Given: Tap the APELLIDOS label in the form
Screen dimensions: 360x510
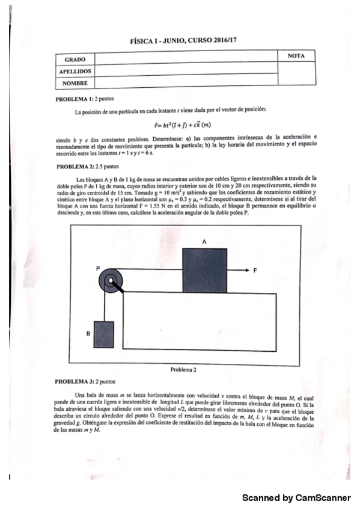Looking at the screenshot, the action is tap(75, 71).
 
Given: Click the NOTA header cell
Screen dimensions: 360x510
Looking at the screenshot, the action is tap(296, 56).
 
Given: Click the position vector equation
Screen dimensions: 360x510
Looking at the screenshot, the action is tap(181, 124).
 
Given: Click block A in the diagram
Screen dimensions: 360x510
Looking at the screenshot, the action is tap(205, 270).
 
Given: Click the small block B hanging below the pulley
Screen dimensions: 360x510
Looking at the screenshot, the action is tap(104, 335).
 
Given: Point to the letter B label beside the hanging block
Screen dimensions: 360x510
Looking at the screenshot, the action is tap(88, 332).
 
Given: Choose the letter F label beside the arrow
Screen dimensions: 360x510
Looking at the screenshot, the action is tap(255, 271).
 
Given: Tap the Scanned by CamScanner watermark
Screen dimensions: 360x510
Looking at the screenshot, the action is tap(296, 498).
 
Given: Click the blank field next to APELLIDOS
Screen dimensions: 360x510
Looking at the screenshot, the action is tap(186, 71).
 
